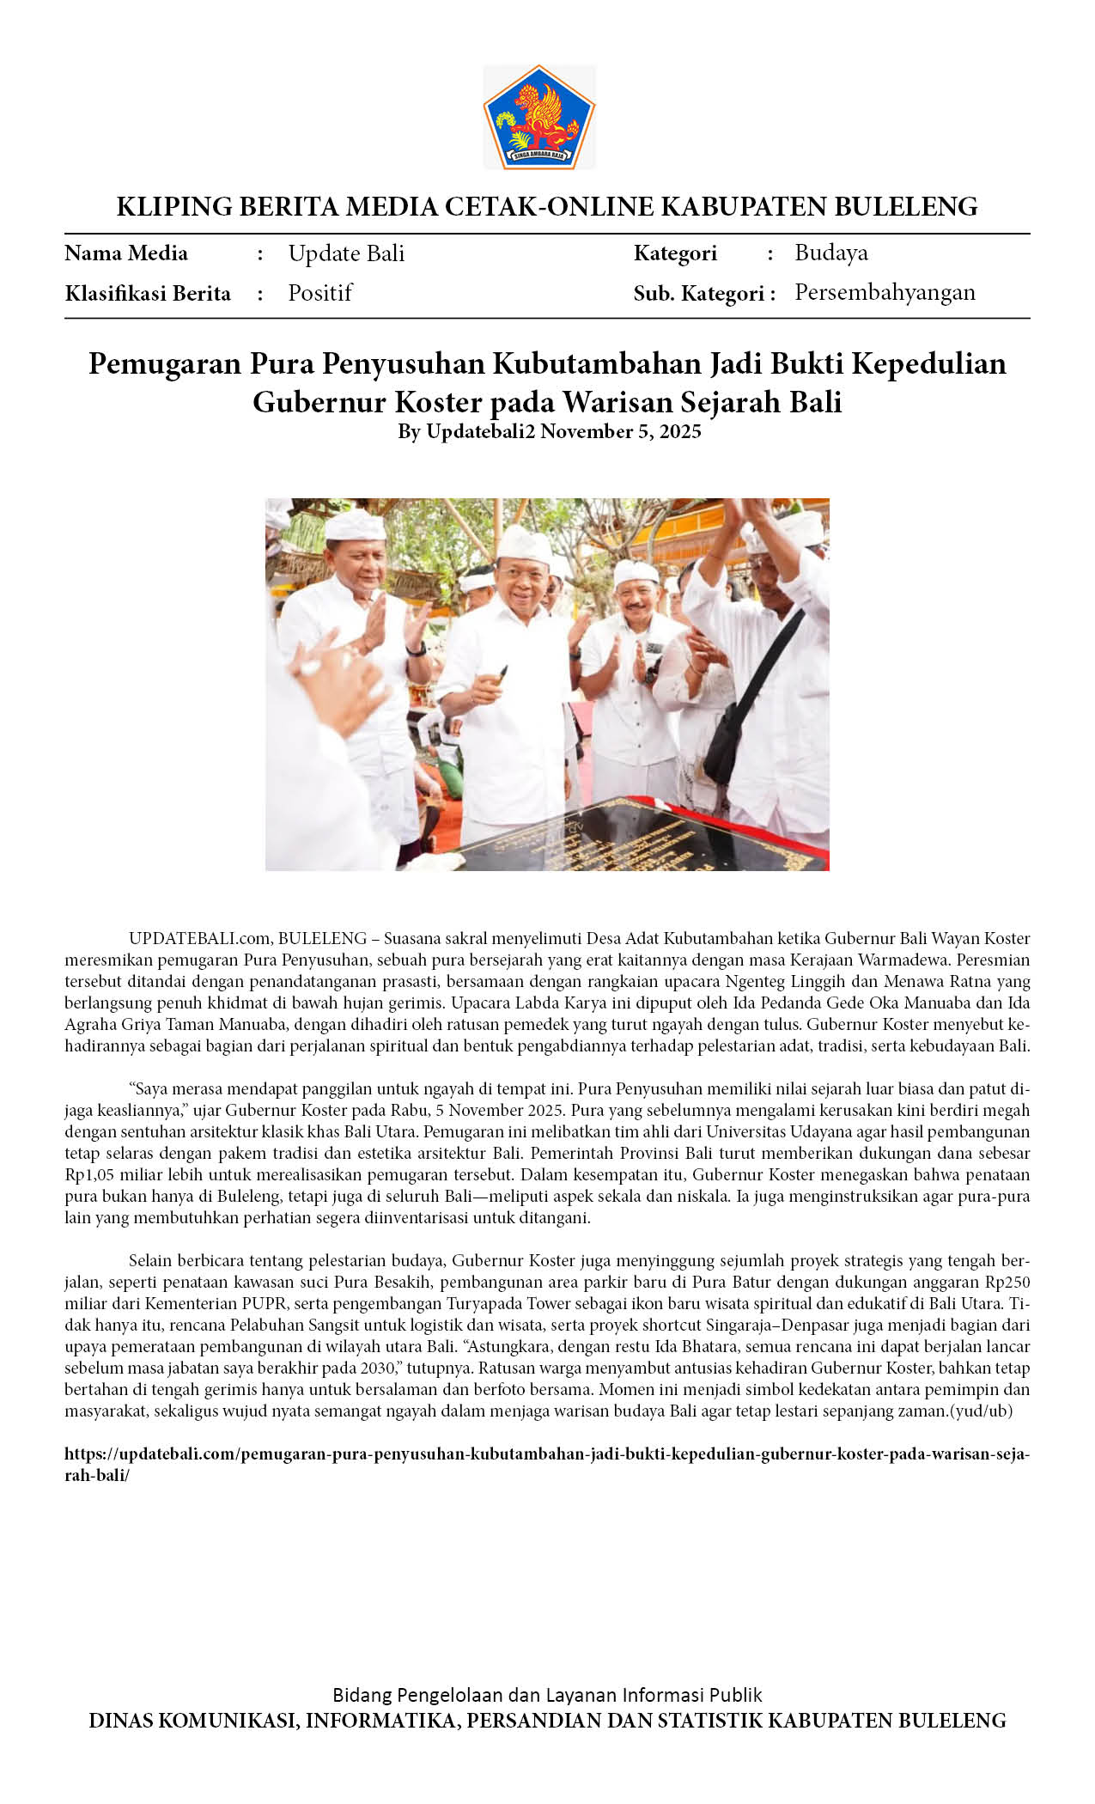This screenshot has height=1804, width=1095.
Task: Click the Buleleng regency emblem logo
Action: [x=539, y=118]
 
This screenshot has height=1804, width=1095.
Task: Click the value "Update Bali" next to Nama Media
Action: [x=346, y=253]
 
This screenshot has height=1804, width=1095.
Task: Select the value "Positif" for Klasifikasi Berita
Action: [x=320, y=293]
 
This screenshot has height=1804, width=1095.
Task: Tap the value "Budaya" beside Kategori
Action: [x=830, y=253]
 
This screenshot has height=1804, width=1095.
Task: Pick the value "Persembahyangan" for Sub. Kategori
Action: [x=885, y=293]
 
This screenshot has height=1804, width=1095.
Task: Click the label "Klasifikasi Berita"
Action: [x=148, y=294]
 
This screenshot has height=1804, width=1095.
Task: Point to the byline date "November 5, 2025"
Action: [x=620, y=431]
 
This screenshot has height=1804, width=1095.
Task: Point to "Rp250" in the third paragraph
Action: [x=1007, y=1282]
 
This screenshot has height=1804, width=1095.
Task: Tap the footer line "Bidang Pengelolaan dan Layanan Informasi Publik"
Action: [x=547, y=1695]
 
